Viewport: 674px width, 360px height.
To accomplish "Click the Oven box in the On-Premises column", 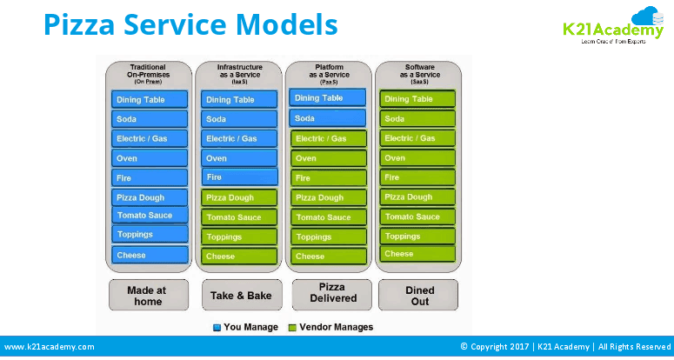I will click(150, 158).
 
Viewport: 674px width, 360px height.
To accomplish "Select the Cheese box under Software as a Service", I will click(417, 254).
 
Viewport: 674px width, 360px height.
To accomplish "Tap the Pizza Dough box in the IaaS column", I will click(239, 197).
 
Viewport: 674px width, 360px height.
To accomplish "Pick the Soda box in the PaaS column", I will click(328, 118).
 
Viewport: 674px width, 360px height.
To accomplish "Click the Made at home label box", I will click(148, 295).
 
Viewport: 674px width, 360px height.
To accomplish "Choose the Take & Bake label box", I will click(241, 295).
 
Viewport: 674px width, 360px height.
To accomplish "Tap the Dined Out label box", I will click(419, 295).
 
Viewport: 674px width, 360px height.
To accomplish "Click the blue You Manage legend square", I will click(217, 328).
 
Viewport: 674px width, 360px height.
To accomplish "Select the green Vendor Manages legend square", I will click(293, 328).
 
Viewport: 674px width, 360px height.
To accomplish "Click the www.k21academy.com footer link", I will click(50, 346).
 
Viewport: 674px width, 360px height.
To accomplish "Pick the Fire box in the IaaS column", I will click(239, 177).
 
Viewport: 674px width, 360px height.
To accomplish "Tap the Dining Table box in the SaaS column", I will click(417, 99).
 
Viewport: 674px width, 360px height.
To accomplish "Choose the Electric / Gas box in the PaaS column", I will click(328, 139).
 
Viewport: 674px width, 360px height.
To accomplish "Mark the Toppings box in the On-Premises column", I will click(150, 234).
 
